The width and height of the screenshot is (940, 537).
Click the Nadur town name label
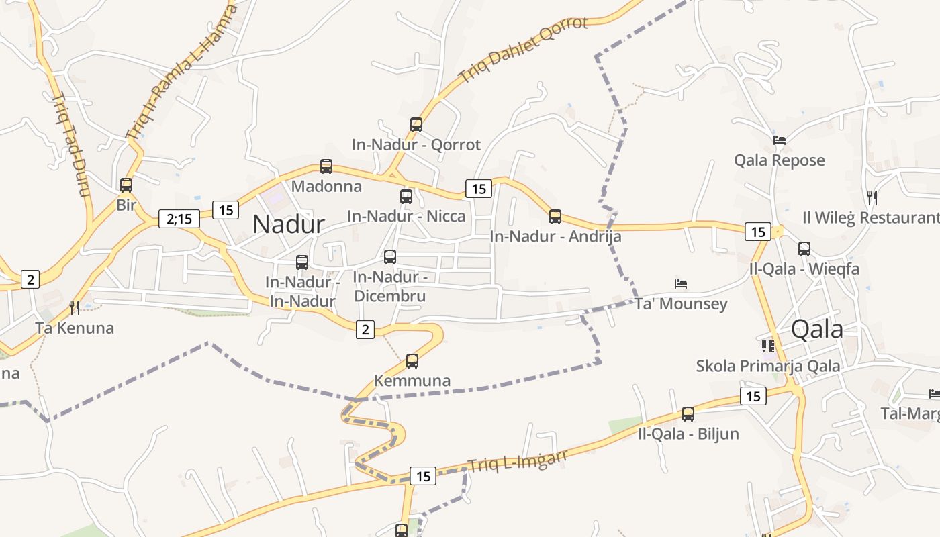coord(289,224)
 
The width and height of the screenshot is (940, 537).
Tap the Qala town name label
coord(817,329)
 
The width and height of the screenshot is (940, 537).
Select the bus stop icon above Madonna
coord(326,166)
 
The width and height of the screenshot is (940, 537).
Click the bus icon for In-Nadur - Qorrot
coord(416,125)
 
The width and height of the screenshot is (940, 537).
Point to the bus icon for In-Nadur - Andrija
coord(555,217)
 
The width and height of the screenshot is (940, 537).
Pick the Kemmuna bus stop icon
coord(412,361)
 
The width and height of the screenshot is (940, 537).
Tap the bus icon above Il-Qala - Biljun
coord(688,414)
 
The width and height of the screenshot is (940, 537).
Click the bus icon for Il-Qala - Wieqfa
coord(804,249)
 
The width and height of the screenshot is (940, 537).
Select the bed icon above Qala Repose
coord(780,140)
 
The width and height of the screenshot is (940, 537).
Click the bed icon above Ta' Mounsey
coord(681,284)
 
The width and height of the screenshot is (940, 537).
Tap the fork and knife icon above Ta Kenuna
coord(75,307)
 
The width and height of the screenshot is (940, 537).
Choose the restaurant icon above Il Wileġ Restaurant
coord(872,197)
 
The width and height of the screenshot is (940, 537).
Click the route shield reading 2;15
coord(179,218)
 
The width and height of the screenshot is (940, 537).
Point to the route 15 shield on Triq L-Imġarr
coord(423,476)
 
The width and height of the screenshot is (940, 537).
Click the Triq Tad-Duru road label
coord(70,145)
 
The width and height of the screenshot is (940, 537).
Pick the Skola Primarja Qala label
coord(768,366)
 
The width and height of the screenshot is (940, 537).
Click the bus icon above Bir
coord(126,185)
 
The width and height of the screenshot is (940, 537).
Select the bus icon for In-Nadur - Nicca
coord(406,197)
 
